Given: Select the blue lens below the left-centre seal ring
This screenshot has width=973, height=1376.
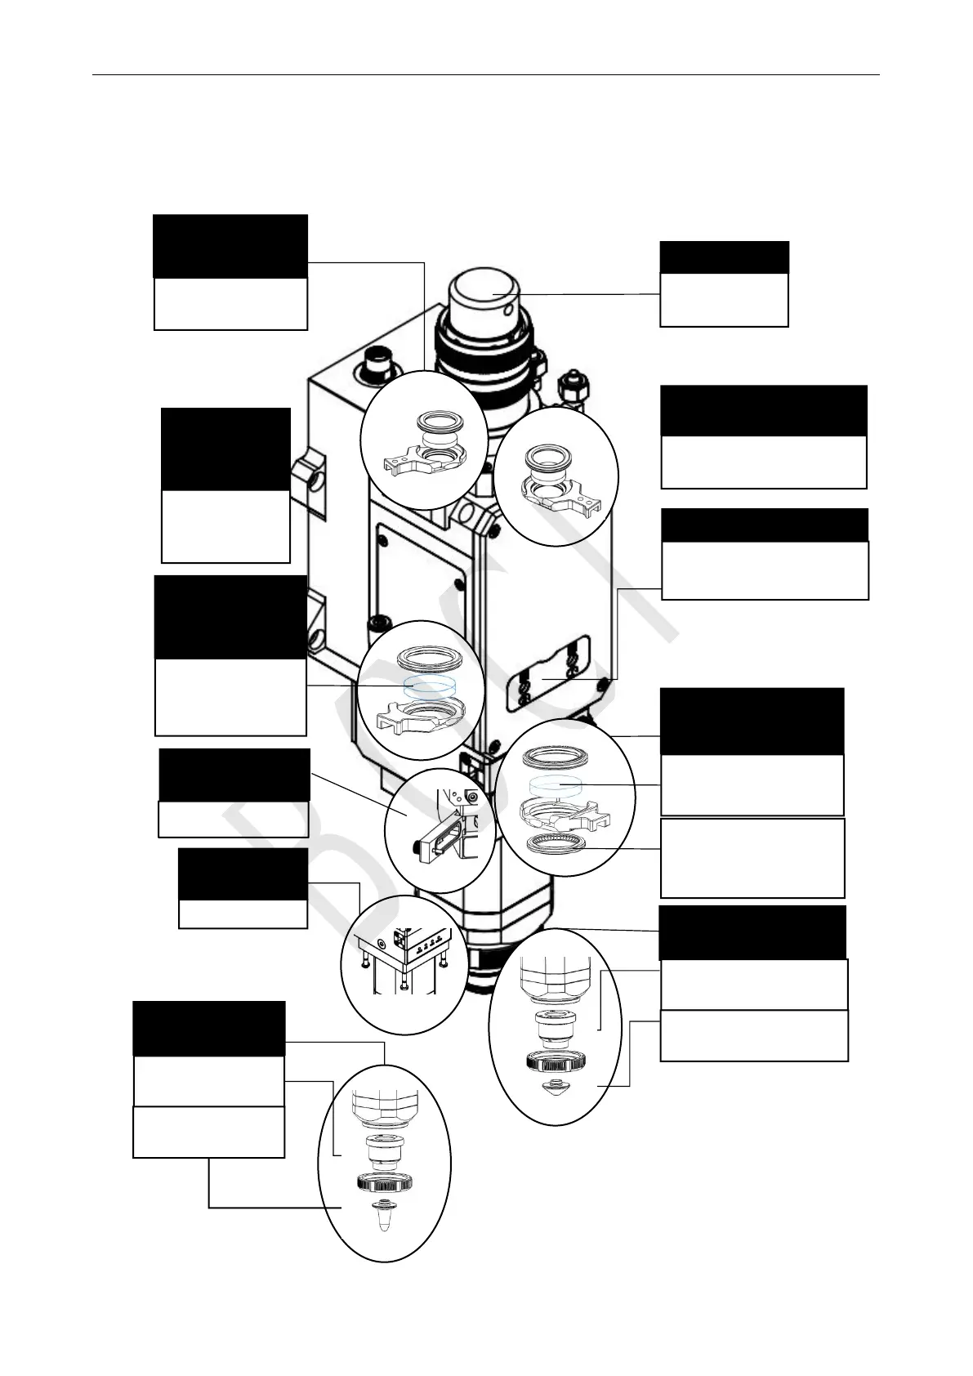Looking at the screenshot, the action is [427, 685].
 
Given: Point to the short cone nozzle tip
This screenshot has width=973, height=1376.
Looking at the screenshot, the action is [557, 1089].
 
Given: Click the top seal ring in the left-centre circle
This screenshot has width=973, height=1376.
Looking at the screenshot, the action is [427, 659].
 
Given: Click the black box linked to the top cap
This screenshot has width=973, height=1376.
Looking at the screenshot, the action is [724, 257].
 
